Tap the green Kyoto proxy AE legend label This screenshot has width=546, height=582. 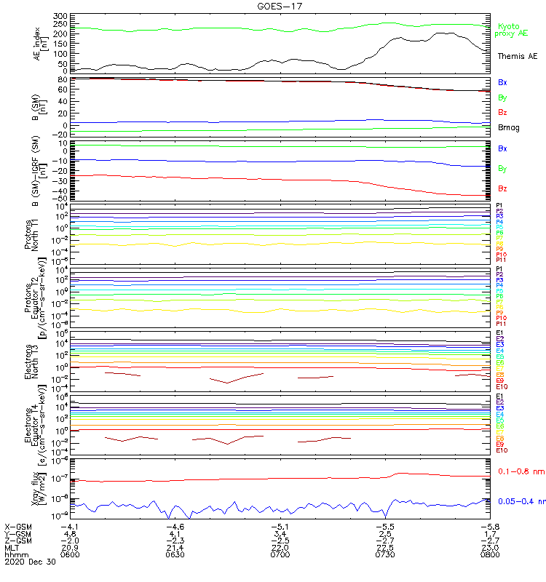(510, 30)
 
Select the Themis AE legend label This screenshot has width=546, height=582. (517, 56)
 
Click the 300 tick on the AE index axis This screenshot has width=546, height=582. (61, 16)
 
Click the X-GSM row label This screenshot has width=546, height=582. (19, 525)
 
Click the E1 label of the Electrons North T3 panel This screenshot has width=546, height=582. (499, 333)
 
